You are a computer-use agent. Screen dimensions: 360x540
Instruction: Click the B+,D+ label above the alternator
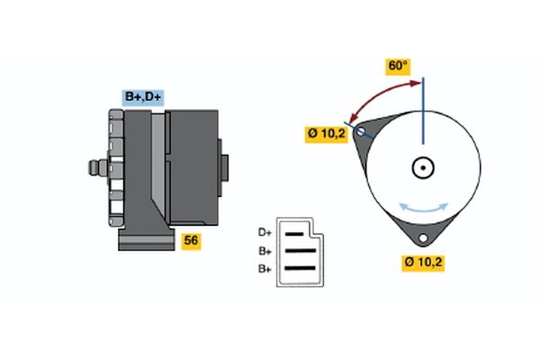click(x=143, y=96)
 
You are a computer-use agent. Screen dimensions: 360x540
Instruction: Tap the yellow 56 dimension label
click(x=191, y=241)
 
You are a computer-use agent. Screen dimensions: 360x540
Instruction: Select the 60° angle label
click(x=397, y=66)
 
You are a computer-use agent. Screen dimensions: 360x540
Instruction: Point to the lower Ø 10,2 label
click(x=425, y=263)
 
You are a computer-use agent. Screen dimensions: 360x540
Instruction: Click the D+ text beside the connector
click(x=265, y=232)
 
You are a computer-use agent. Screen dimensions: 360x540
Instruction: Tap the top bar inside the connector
click(x=298, y=233)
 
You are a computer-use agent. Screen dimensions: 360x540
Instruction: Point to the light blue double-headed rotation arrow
click(x=424, y=207)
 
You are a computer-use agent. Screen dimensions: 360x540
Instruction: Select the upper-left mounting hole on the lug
click(x=362, y=132)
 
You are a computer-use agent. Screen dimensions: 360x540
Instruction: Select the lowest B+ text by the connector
click(x=265, y=268)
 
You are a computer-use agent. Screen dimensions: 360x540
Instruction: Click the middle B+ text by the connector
click(x=265, y=251)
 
